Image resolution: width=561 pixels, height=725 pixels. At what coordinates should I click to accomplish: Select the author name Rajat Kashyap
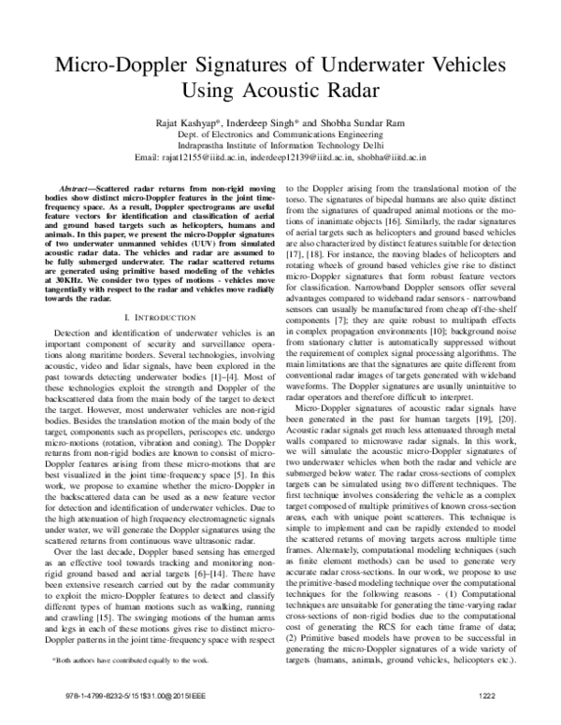pos(206,120)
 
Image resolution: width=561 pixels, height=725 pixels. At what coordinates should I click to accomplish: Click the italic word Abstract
pos(78,188)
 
